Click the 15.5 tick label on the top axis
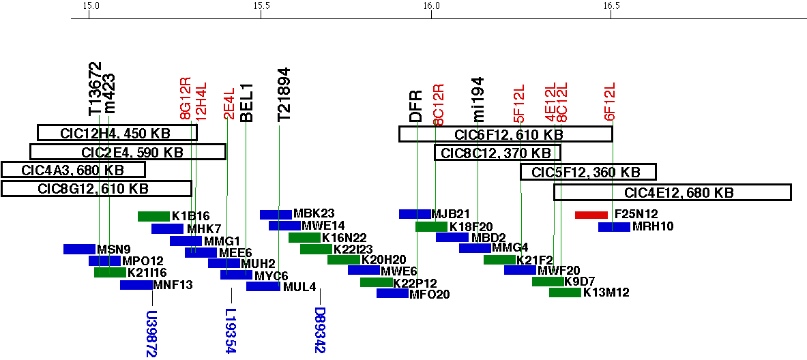(x=261, y=6)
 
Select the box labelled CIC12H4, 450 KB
(x=117, y=133)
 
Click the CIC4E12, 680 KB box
(x=672, y=193)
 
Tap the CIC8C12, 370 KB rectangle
(x=497, y=153)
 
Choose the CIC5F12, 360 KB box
(x=588, y=172)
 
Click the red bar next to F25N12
(x=591, y=215)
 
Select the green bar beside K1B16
(x=153, y=217)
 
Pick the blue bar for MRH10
(x=614, y=227)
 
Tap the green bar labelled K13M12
(x=565, y=293)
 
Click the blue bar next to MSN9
(x=79, y=250)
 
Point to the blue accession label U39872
(x=151, y=334)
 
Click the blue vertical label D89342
(x=319, y=330)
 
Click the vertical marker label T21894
(x=283, y=95)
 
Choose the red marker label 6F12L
(x=611, y=102)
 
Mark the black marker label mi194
(x=478, y=100)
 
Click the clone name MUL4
(x=299, y=287)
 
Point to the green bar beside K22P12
(x=377, y=282)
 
